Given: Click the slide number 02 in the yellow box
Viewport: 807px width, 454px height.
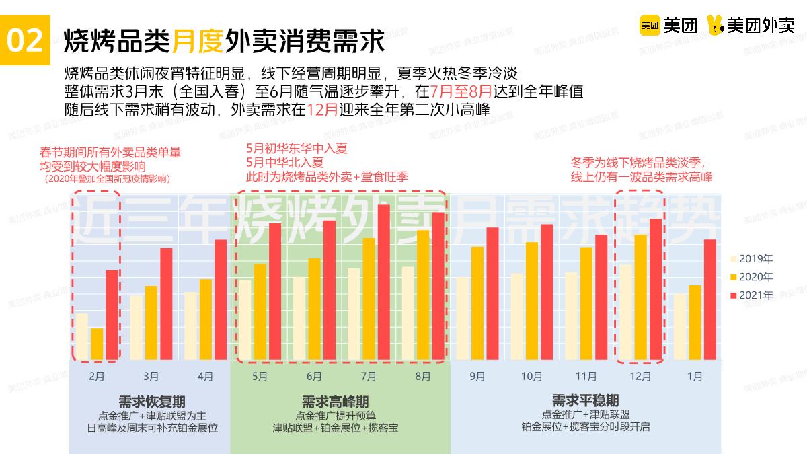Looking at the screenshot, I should click(25, 42).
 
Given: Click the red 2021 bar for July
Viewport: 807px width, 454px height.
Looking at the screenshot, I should click(383, 282).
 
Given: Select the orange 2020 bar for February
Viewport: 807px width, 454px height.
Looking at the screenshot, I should click(97, 344).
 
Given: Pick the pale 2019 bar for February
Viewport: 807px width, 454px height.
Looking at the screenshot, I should click(82, 336).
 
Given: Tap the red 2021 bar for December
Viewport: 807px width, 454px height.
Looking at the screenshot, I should click(655, 289).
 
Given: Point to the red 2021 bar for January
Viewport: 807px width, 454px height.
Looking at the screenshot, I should click(709, 299).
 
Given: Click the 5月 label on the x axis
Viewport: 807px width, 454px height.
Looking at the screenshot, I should click(260, 377).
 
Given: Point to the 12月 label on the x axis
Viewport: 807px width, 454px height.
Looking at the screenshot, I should click(640, 377).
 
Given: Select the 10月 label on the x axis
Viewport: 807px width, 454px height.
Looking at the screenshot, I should click(531, 377).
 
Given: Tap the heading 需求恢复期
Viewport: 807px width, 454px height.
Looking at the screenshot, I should click(151, 402).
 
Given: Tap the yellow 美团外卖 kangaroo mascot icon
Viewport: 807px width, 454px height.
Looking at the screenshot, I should click(716, 26).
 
